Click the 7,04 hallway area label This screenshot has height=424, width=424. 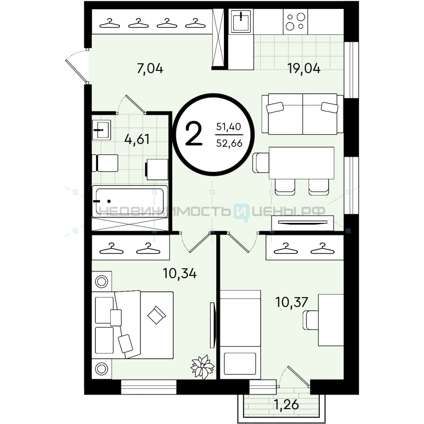pos(150,68)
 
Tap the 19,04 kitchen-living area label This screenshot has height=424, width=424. pos(304,68)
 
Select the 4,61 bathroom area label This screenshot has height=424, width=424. pos(137,139)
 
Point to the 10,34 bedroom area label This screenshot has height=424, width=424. pos(179,273)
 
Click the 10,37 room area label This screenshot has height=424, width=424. pos(292,302)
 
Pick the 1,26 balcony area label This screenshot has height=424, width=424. pos(286,404)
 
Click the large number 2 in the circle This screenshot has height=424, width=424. pos(194,134)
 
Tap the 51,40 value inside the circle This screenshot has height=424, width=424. pos(229,126)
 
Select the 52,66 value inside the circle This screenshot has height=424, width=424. pos(229,143)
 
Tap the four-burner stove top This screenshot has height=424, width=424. pos(295,22)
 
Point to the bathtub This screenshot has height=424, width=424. pos(129,201)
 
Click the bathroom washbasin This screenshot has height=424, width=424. pos(101,130)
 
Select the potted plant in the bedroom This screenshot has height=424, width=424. pos(202,367)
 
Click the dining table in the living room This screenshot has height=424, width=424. pos(301,163)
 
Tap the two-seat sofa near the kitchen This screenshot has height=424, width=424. pos(302,114)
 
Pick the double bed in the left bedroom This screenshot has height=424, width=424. pos(132,325)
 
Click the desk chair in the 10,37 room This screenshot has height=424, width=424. pos(311,320)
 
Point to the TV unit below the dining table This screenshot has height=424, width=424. pos(303,223)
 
